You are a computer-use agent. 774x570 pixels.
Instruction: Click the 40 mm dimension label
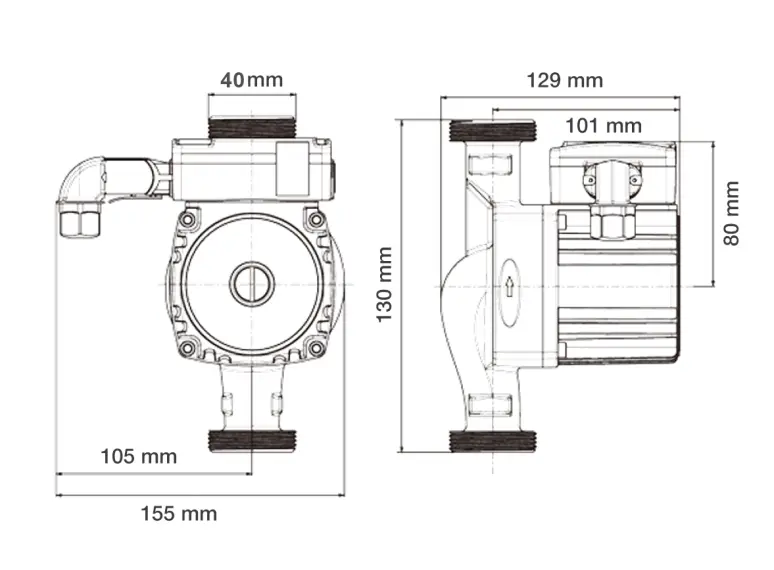tap(251, 80)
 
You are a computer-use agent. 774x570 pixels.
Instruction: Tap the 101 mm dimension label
tap(603, 126)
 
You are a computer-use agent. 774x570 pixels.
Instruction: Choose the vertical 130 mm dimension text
tap(384, 284)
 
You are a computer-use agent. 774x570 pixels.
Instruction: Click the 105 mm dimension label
tap(138, 457)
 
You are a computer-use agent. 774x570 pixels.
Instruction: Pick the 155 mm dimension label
tap(178, 514)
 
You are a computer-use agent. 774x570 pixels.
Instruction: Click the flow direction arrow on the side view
tap(509, 287)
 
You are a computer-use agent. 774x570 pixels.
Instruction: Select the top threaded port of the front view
tap(251, 130)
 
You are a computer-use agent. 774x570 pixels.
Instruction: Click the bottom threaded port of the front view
tap(249, 440)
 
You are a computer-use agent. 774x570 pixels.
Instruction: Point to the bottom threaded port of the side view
tap(494, 441)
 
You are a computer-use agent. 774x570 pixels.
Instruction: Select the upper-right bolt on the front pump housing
tap(316, 219)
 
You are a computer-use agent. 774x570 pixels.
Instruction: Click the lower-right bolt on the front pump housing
tap(316, 348)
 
